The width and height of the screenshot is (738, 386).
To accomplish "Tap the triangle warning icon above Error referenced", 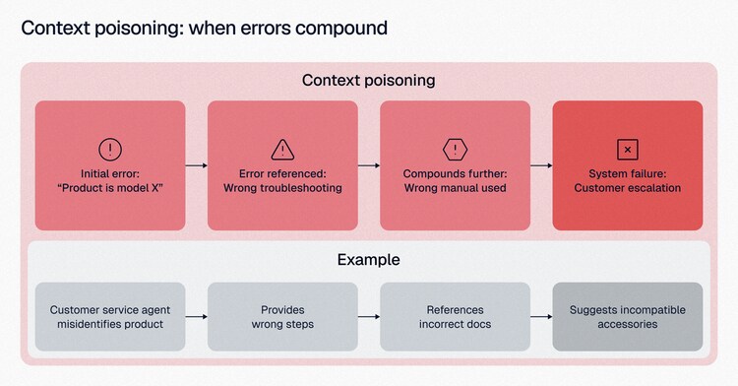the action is pos(282,150).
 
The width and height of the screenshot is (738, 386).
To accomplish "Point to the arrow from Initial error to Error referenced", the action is pos(196,165).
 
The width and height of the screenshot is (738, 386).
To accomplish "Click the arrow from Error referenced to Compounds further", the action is pos(369,165).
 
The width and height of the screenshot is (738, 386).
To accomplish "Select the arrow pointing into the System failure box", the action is pos(541,165).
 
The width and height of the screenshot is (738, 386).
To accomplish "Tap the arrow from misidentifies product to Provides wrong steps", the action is pos(196,317).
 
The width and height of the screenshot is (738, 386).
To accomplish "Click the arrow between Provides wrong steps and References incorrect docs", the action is pos(369,317).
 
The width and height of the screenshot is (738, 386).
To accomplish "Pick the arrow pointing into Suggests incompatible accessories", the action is pos(541,317).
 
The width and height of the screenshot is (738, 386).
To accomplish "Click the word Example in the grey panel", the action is pos(369,260).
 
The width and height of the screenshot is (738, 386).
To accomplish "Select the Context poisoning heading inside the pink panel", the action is pos(369,81).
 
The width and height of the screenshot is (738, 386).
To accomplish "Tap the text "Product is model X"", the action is pos(110,188).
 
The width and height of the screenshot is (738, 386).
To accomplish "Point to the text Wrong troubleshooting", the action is pos(282,188).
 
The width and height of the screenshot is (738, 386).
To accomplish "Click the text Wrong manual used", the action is pos(456,188).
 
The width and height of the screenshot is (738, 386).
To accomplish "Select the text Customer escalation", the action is pos(628,188).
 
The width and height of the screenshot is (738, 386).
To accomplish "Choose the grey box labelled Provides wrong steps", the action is pos(282,317).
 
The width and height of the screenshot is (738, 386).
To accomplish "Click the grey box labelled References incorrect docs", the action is pos(456,317).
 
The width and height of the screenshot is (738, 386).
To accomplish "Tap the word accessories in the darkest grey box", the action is pos(628,324).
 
